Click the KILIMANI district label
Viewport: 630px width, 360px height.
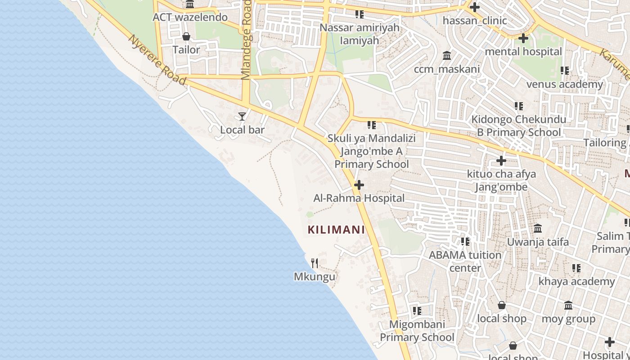(336, 229)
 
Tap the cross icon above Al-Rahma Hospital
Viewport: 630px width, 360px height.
(359, 185)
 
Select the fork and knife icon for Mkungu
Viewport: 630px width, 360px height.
(315, 263)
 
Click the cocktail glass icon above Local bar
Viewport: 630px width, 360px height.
(242, 117)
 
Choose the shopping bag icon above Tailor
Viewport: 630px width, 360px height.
(186, 36)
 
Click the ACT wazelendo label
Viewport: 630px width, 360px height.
(190, 18)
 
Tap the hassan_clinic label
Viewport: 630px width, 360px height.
(475, 21)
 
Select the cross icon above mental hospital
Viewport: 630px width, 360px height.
(523, 38)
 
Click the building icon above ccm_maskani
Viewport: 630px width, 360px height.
(447, 56)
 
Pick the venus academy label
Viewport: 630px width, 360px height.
(564, 84)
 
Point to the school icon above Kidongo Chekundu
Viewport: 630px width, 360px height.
(519, 106)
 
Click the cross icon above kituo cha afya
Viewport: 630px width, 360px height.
(501, 161)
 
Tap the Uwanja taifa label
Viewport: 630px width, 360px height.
(538, 242)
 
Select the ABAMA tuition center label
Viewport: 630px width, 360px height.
(465, 261)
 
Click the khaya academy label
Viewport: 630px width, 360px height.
(576, 282)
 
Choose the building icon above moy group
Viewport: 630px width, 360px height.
(568, 306)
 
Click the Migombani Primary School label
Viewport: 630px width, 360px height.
(417, 331)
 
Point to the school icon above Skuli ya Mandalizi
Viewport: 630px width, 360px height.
(371, 125)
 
